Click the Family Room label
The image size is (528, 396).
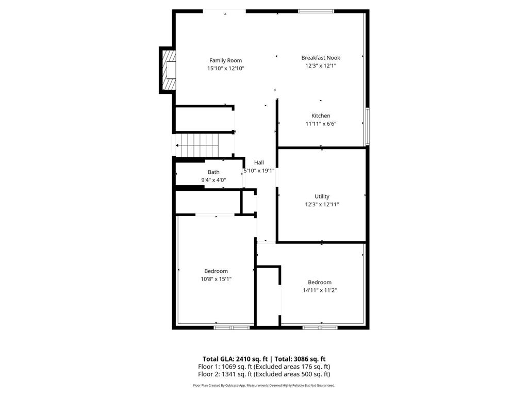(x=225, y=60)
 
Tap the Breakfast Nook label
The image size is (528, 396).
(x=321, y=58)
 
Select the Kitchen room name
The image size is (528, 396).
(x=321, y=115)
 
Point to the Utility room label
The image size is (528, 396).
(x=322, y=196)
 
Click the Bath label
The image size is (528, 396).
(x=213, y=172)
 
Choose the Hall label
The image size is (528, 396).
(x=259, y=162)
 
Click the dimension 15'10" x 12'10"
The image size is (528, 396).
(x=225, y=69)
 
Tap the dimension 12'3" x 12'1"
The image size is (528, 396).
(x=321, y=66)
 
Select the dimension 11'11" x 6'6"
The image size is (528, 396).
(x=321, y=124)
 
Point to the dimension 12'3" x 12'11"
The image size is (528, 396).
(x=322, y=204)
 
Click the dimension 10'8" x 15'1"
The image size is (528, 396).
(x=216, y=279)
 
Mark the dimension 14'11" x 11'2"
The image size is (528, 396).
(x=320, y=290)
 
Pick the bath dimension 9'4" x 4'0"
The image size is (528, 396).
(x=213, y=180)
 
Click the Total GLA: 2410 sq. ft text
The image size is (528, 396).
(x=234, y=359)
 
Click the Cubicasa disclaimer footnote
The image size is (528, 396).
(x=264, y=385)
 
